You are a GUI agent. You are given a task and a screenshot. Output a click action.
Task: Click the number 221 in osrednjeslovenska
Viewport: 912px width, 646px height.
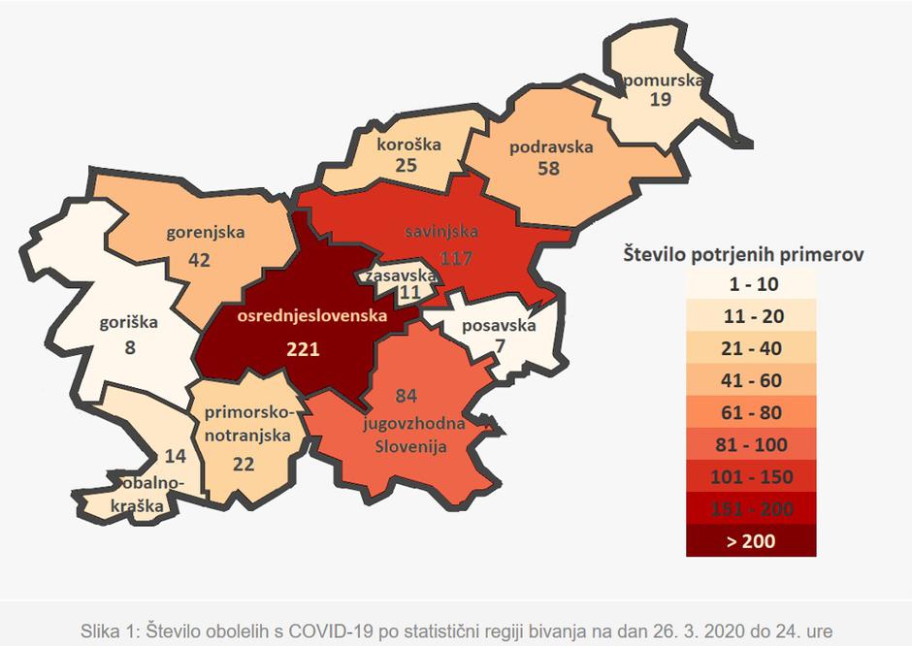click(x=302, y=348)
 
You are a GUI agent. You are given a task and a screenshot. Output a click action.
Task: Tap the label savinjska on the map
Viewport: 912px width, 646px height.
click(x=440, y=234)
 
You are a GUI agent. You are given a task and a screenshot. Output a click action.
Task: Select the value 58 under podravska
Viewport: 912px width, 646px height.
click(x=548, y=169)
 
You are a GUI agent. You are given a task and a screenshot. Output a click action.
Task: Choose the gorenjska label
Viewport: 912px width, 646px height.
click(x=205, y=232)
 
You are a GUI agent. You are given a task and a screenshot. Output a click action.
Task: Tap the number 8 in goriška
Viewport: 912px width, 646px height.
click(x=130, y=345)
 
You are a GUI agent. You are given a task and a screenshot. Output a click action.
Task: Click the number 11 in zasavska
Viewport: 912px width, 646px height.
click(x=410, y=291)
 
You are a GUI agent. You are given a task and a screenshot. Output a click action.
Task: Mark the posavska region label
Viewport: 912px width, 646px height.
click(x=500, y=325)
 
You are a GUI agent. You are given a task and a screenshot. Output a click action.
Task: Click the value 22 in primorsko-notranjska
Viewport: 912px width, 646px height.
click(x=244, y=464)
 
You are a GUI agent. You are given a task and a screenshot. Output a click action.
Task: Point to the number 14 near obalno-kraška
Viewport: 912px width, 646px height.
click(x=176, y=456)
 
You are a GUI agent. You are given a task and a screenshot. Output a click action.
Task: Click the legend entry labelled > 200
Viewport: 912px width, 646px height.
click(x=751, y=541)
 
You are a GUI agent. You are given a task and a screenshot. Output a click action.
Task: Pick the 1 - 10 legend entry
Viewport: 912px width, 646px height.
click(x=751, y=284)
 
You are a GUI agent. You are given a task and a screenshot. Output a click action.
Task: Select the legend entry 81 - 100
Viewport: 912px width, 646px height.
click(x=751, y=444)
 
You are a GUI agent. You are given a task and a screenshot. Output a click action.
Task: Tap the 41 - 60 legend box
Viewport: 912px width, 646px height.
click(x=751, y=380)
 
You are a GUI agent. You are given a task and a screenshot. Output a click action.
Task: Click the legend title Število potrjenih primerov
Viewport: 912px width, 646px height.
click(x=742, y=255)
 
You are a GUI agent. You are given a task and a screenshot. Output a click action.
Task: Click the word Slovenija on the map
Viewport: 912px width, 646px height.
click(x=411, y=446)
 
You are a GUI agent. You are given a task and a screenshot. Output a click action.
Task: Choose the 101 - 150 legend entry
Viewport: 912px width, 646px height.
click(x=751, y=476)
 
